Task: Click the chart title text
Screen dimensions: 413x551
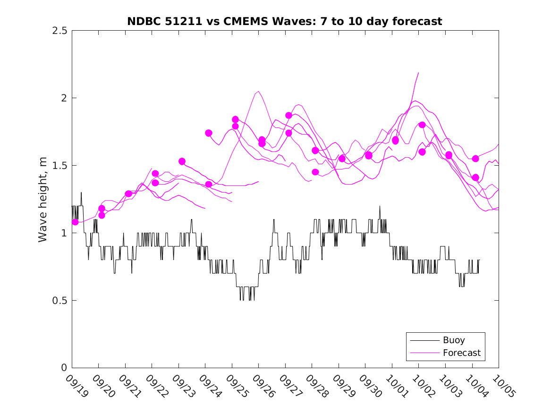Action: pyautogui.click(x=285, y=21)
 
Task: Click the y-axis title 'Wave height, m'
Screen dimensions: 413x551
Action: pyautogui.click(x=43, y=199)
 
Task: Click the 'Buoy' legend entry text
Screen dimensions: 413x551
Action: pyautogui.click(x=454, y=340)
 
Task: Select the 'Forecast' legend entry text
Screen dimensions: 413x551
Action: pyautogui.click(x=461, y=353)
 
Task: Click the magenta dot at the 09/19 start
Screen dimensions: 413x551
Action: pyautogui.click(x=75, y=222)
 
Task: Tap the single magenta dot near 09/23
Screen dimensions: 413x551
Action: pyautogui.click(x=182, y=161)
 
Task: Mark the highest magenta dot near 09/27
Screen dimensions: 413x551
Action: pyautogui.click(x=288, y=115)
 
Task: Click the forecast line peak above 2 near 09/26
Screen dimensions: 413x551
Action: pyautogui.click(x=258, y=92)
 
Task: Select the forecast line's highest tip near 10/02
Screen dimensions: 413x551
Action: pyautogui.click(x=418, y=73)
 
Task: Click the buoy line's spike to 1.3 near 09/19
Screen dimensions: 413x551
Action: pyautogui.click(x=81, y=193)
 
